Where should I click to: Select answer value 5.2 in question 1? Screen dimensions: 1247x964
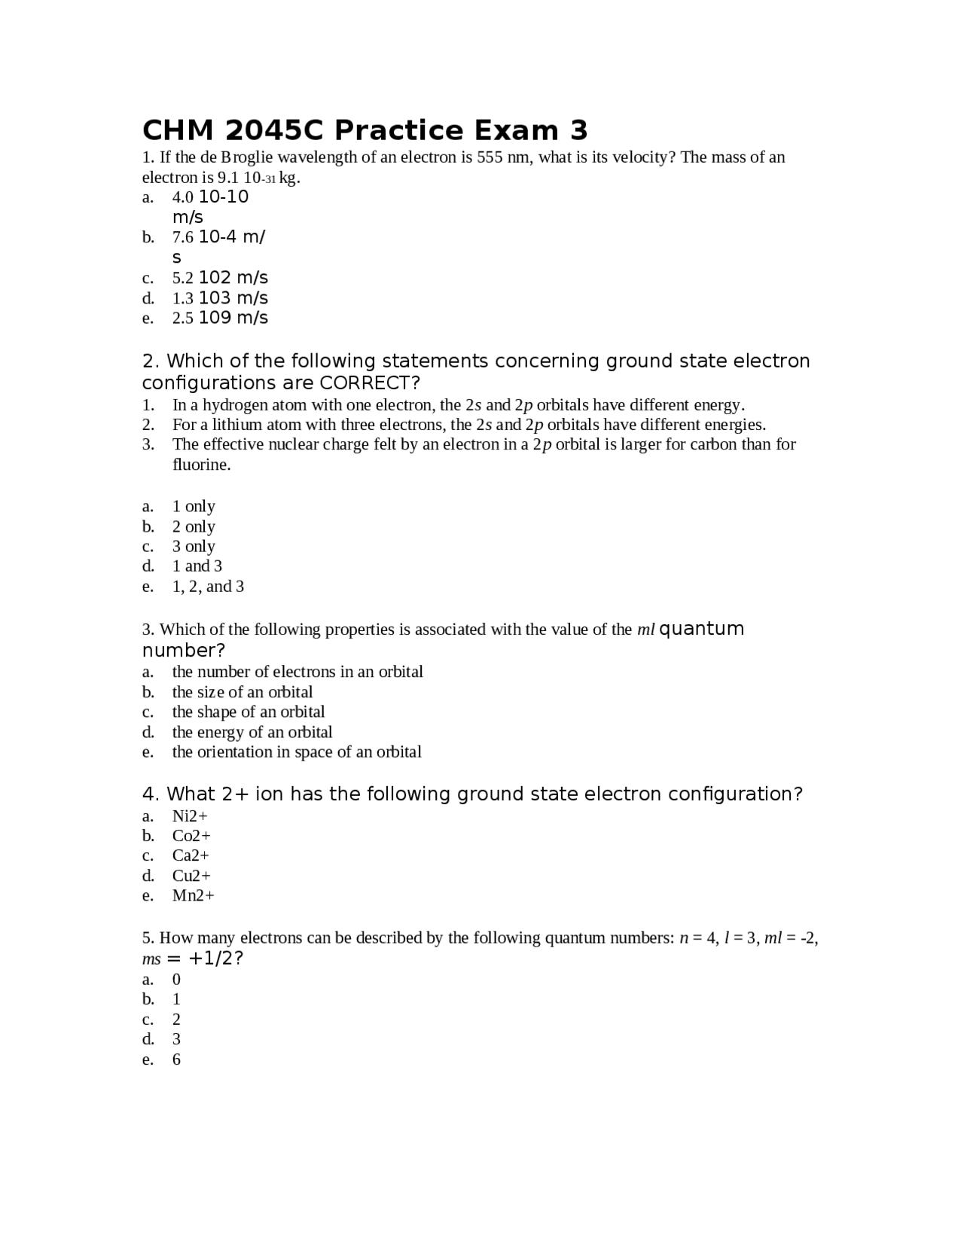pos(183,279)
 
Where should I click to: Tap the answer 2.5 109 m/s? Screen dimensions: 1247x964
pos(220,318)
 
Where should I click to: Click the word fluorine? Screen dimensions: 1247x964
pos(201,465)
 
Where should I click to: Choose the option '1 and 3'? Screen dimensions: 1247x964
pos(197,566)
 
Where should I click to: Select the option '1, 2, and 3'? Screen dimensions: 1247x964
pos(208,587)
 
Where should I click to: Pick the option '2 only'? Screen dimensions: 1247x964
pos(194,527)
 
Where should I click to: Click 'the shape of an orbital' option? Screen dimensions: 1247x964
pos(249,712)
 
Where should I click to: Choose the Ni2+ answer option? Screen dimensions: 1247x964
pos(190,816)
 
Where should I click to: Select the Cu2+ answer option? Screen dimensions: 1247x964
pos(191,876)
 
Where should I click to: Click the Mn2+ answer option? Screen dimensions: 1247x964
pos(193,896)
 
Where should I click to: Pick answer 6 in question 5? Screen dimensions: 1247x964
pos(176,1059)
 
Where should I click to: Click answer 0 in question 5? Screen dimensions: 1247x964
pos(176,980)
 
